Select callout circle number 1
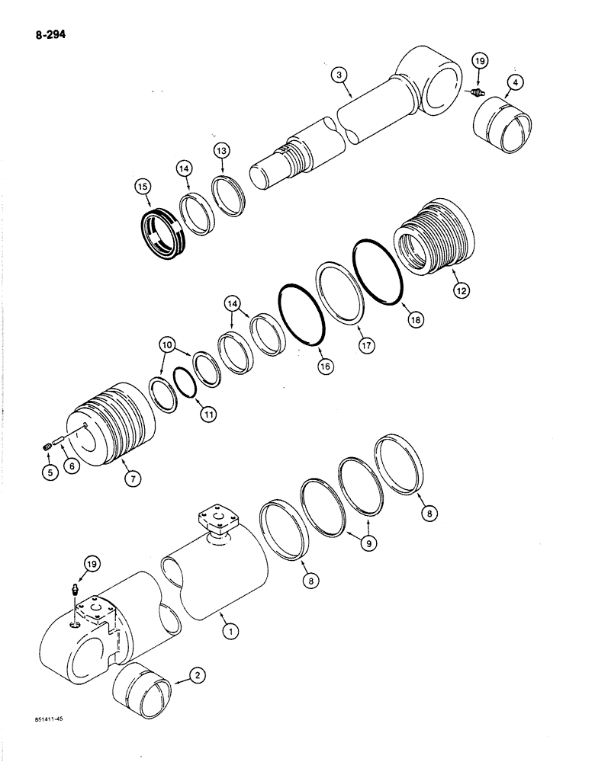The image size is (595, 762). pos(226,630)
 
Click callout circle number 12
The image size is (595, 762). pos(460,290)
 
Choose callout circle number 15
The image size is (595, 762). pos(143,185)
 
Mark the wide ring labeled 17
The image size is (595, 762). pos(340,294)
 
